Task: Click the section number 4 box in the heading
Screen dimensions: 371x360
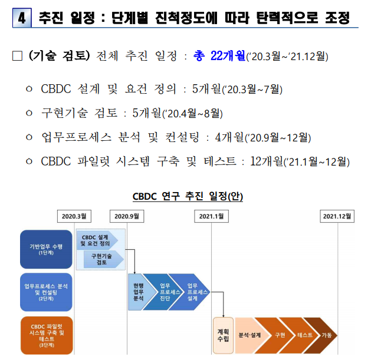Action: [22, 18]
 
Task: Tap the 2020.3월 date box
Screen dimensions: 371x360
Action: [74, 216]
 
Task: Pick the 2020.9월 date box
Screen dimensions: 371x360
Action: [126, 216]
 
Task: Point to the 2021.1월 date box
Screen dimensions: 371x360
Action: [211, 216]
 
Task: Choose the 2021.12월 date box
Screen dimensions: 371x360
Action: [338, 216]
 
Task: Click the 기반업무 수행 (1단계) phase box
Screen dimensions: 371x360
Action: [46, 249]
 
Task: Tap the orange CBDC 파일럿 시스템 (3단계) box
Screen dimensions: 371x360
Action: [46, 335]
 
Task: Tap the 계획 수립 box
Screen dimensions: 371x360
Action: [224, 335]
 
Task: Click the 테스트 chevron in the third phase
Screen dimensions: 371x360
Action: [305, 335]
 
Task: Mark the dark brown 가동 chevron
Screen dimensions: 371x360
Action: [327, 335]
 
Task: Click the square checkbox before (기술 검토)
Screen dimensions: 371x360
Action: [17, 57]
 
